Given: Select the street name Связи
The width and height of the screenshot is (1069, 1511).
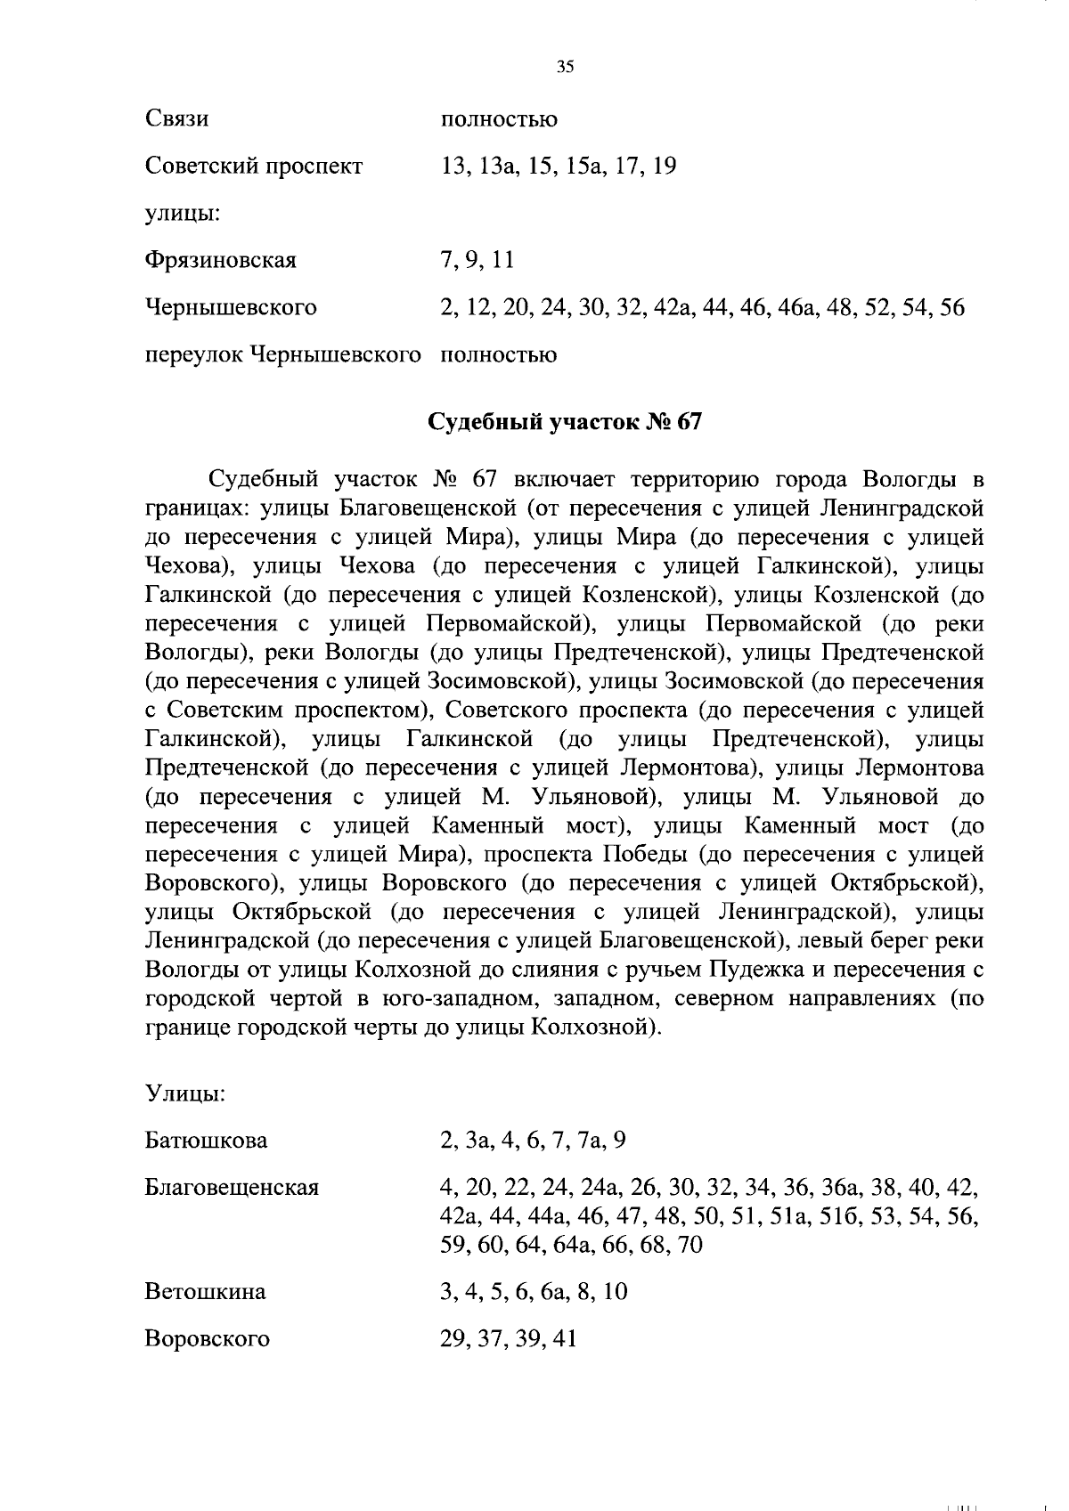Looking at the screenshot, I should pos(177,119).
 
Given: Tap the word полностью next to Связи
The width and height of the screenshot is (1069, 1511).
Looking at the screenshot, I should pos(499,119).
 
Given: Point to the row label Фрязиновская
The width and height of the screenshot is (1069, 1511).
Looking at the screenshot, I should pos(220,261).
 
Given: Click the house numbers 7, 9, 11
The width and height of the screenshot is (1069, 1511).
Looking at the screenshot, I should pos(477,261).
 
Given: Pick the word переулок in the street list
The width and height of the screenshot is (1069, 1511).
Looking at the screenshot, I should pos(193,355).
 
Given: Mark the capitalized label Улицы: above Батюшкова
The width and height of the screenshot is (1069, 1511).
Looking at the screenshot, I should pos(184,1093).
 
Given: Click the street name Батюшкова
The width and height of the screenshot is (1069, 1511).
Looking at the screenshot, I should pos(206,1141).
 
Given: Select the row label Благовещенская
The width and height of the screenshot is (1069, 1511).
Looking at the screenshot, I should pos(232,1188).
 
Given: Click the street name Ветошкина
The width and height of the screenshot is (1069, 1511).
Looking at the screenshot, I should pos(205,1292).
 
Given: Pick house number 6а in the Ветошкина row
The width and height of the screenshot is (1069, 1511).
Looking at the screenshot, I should pos(553,1292).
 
